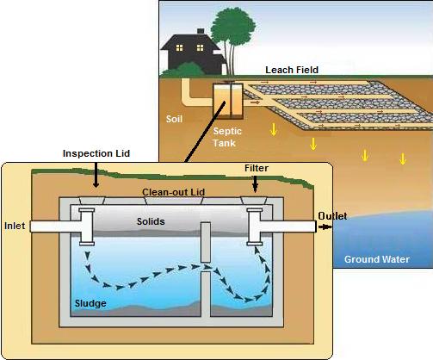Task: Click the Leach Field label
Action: tap(292, 70)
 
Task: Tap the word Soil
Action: tap(174, 119)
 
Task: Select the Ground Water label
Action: tap(377, 259)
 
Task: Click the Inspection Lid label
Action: tap(96, 153)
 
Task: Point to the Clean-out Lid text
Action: tap(174, 192)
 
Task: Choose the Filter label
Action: tap(257, 168)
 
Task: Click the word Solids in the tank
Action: tap(151, 221)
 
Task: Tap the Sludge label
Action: tap(90, 303)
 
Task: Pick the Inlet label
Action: tap(15, 226)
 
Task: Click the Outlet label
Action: tap(332, 216)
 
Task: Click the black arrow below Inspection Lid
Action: tap(96, 175)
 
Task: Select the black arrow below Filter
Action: tap(255, 183)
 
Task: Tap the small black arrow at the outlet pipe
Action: tap(325, 227)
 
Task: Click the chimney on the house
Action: tap(201, 31)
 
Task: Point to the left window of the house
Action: tap(179, 47)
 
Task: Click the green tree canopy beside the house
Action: tap(232, 28)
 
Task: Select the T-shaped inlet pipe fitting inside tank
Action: tap(87, 227)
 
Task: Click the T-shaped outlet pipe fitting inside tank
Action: tap(255, 227)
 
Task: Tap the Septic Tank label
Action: tap(227, 137)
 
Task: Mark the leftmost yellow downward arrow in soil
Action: tap(274, 129)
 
